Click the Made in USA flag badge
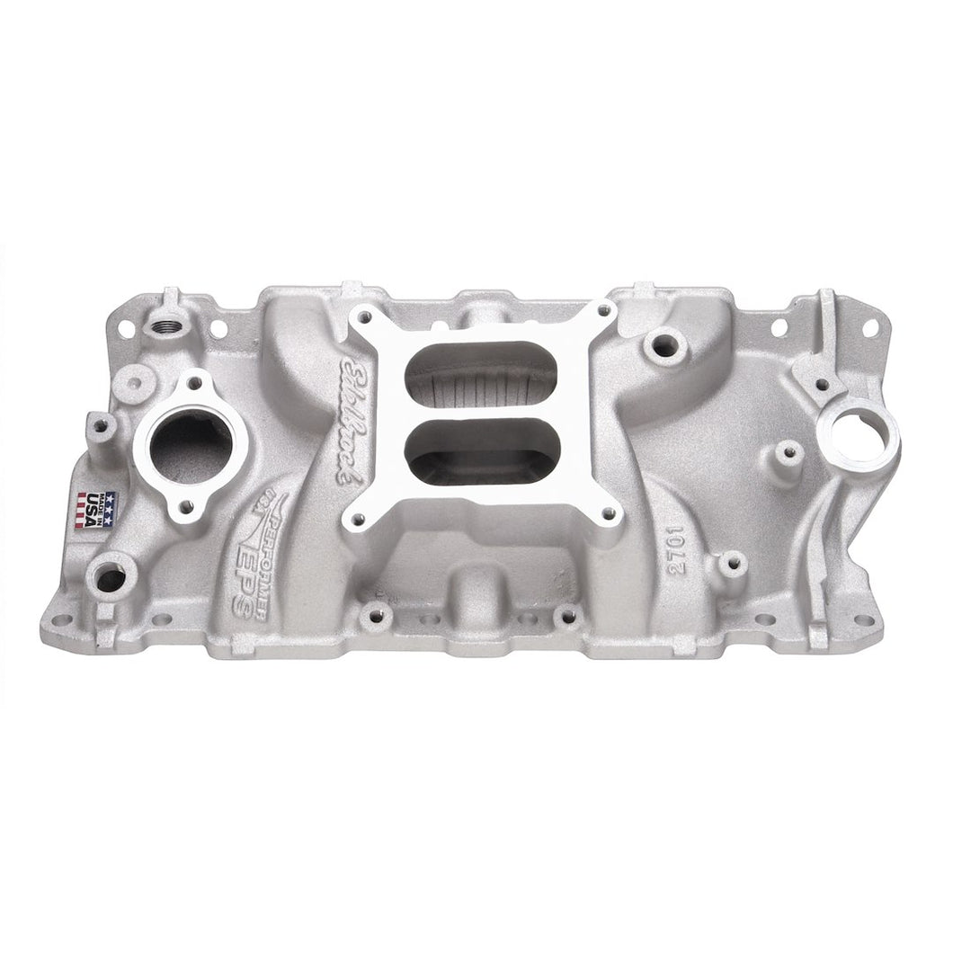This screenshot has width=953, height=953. (x=97, y=510)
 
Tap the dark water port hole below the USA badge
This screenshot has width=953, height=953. (x=110, y=574)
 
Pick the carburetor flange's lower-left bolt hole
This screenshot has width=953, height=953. (x=359, y=518)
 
